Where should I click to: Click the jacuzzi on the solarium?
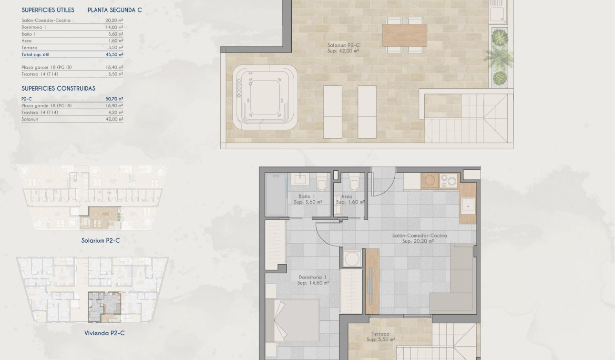[265, 97]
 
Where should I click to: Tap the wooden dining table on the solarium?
[404, 35]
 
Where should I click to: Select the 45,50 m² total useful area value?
[114, 54]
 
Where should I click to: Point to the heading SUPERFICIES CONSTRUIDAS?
[58, 88]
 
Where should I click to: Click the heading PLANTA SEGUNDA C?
[114, 10]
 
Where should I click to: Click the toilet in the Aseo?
[354, 182]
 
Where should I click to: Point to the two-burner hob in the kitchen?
[448, 180]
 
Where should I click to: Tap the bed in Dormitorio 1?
[292, 320]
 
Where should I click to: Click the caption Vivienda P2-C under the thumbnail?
[104, 333]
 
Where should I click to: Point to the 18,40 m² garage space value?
[114, 67]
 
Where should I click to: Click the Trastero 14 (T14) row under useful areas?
[40, 74]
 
